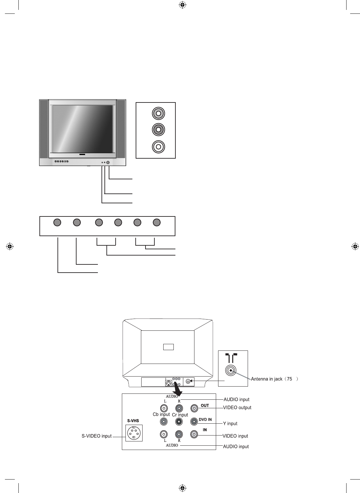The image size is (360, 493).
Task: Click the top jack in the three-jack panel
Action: (158, 114)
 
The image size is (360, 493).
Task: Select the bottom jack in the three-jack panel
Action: (158, 146)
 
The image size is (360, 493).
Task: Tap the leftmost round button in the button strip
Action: (57, 222)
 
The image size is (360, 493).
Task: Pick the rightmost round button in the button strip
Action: (157, 222)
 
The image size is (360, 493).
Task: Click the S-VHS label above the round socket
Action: (133, 421)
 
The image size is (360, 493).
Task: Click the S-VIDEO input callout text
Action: (97, 436)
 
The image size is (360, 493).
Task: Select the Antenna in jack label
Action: (267, 379)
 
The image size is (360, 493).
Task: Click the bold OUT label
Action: (205, 406)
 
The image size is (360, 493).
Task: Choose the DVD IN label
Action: (205, 419)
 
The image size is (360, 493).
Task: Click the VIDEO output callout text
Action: (237, 408)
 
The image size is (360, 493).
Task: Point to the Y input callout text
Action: (230, 424)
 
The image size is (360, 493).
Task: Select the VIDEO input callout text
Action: (235, 436)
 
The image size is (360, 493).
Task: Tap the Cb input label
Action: (161, 415)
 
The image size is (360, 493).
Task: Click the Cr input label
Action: (180, 415)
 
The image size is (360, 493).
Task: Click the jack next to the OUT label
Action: (194, 408)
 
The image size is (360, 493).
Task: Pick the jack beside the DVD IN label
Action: (194, 421)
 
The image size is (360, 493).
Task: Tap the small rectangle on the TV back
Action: (168, 347)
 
